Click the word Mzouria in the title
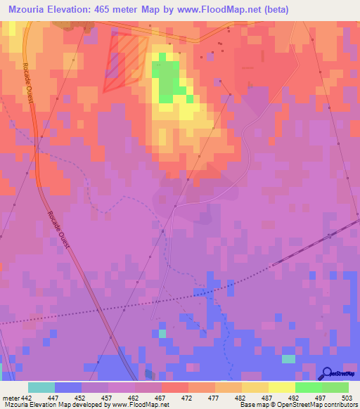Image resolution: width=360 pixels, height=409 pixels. coord(32,9)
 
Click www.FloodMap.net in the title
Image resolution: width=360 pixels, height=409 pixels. coord(218,9)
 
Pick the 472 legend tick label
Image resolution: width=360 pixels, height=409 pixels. coord(188,397)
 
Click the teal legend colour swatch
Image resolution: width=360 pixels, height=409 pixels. coord(41,387)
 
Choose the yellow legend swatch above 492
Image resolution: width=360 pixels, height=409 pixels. coord(281,387)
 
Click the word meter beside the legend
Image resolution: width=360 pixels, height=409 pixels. coord(9,397)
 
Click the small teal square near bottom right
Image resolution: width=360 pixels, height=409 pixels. coord(288,359)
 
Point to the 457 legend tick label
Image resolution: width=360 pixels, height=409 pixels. coord(108,397)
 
